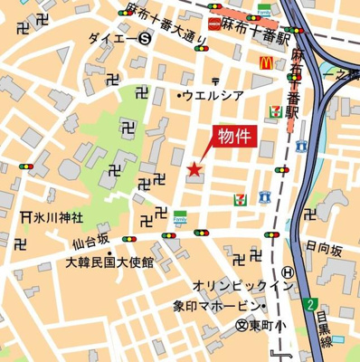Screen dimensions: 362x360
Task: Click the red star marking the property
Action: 193,167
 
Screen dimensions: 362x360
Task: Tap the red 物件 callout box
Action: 231,136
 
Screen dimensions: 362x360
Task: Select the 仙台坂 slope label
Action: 91,240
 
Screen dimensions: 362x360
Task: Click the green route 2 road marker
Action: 310,303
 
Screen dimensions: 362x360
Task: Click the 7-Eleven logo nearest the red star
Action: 240,196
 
